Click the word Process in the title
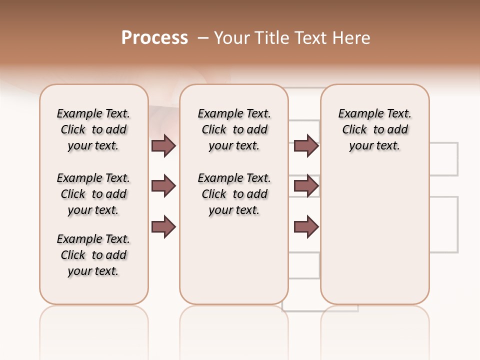click(x=154, y=38)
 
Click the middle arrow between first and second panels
click(x=163, y=186)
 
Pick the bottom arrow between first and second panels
click(x=163, y=227)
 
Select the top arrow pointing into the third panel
click(x=306, y=145)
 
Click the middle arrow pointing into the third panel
click(x=306, y=186)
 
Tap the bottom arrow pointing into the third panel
click(x=306, y=227)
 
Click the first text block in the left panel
click(x=93, y=129)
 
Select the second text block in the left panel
click(x=93, y=194)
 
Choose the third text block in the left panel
click(x=93, y=255)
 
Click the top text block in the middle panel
click(x=234, y=129)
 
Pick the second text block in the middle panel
click(x=234, y=194)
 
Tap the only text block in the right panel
click(x=374, y=129)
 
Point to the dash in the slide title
click(x=203, y=38)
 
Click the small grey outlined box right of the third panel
click(x=444, y=159)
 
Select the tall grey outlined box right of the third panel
click(x=444, y=224)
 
